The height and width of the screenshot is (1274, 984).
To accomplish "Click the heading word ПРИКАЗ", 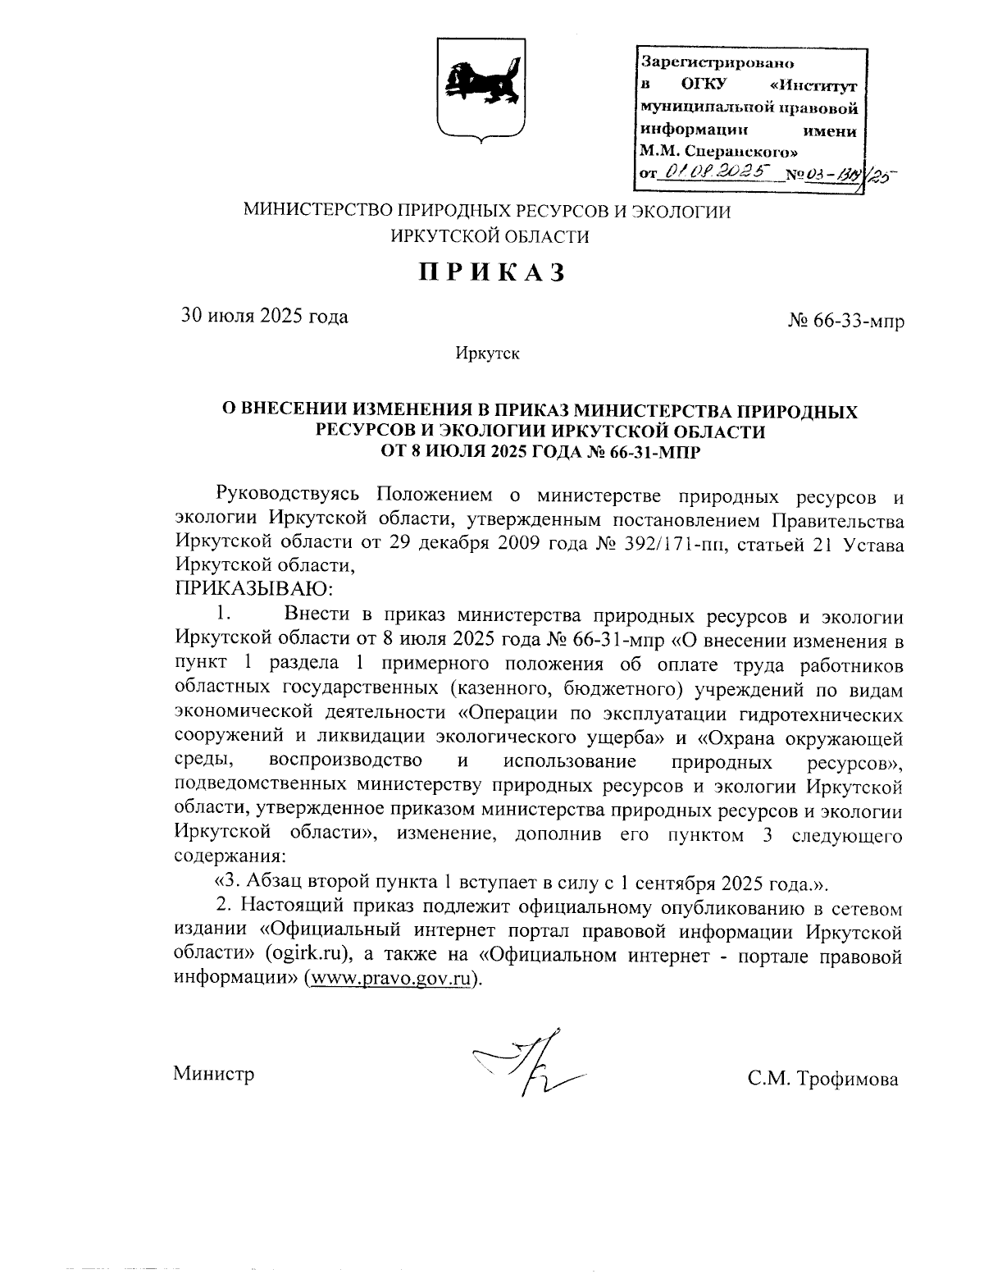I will click(492, 272).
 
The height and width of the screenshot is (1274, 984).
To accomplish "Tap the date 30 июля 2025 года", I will click(264, 316).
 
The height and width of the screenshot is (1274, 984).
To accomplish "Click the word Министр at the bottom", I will click(214, 1073).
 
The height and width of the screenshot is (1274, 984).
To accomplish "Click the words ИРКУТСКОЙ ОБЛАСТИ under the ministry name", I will click(490, 236).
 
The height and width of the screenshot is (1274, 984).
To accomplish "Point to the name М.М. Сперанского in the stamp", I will click(718, 151).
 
